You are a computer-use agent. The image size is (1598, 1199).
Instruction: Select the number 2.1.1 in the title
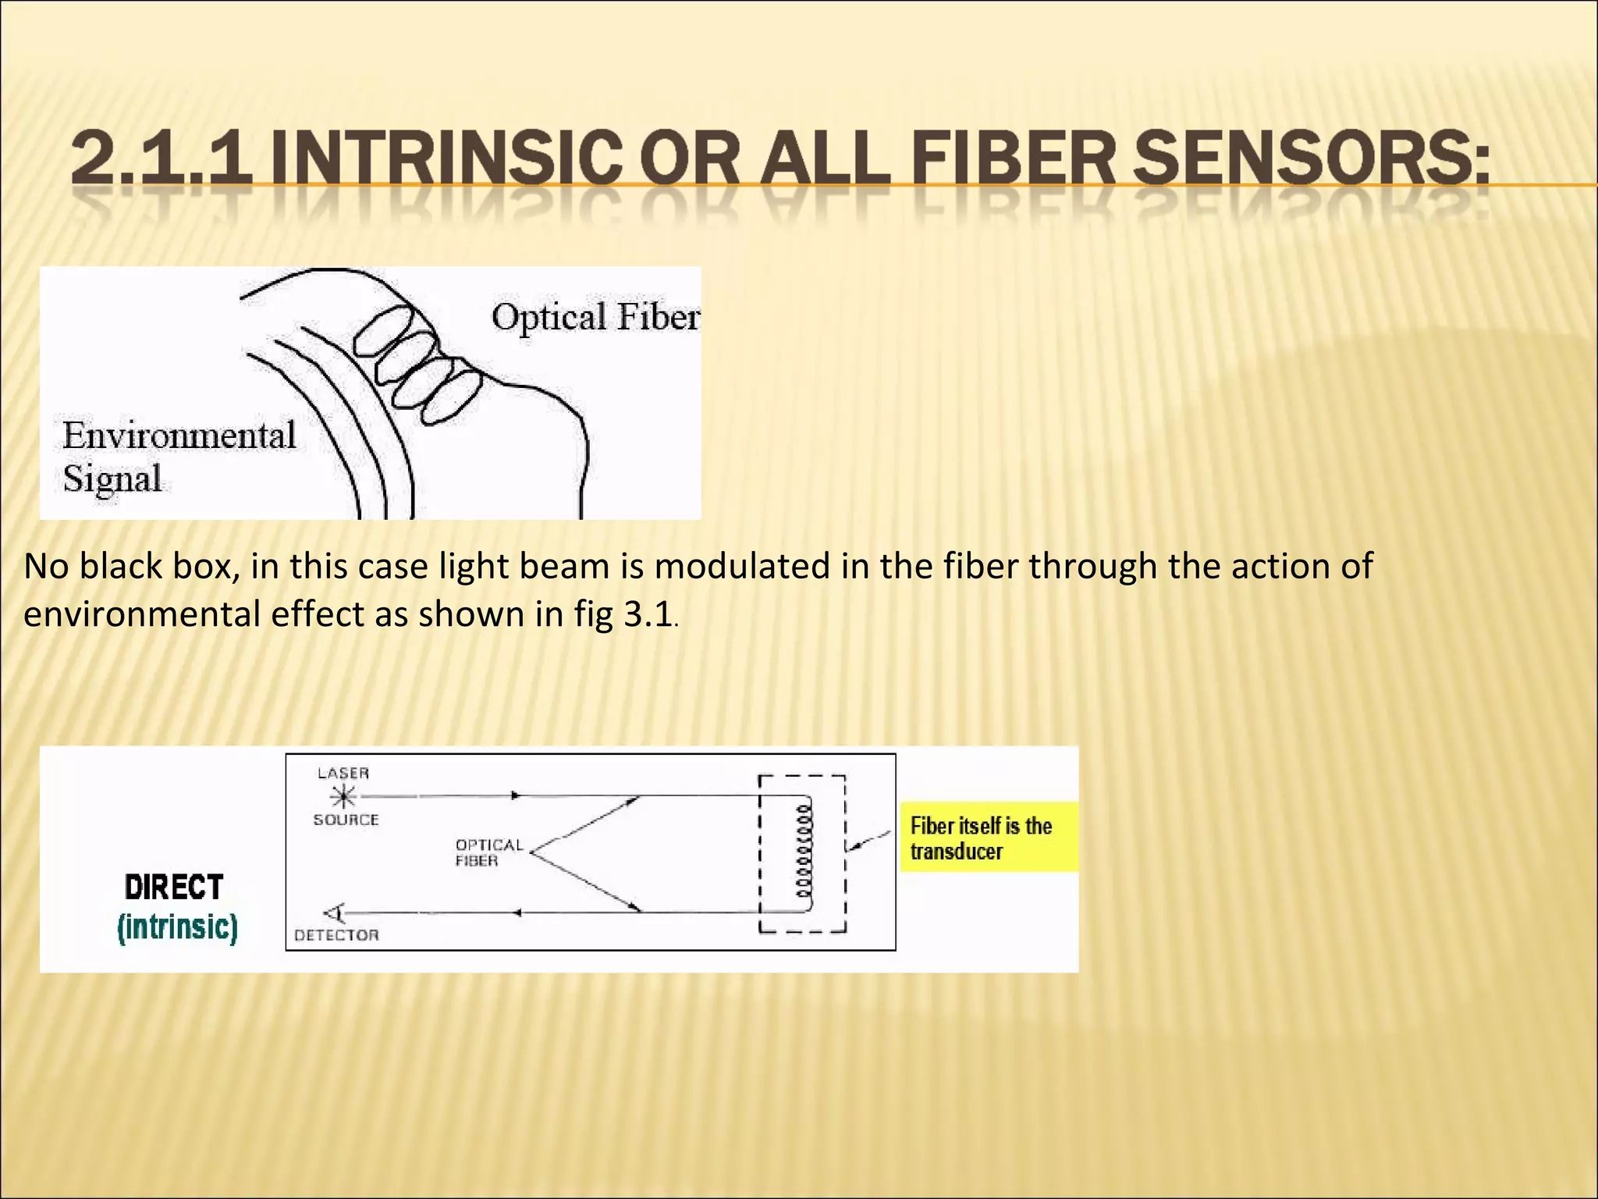click(x=162, y=159)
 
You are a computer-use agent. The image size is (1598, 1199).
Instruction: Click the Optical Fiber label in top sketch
click(x=595, y=317)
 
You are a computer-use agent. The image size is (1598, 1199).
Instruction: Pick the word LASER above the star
click(x=343, y=773)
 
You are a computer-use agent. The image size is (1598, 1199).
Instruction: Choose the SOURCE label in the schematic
click(x=346, y=820)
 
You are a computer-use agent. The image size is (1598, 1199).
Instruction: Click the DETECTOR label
click(x=336, y=934)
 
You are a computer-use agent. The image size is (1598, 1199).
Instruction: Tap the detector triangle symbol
click(x=334, y=913)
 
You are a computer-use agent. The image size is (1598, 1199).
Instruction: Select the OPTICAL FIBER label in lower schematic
click(x=488, y=852)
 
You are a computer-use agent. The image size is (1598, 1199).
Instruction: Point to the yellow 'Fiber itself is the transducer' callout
click(x=989, y=838)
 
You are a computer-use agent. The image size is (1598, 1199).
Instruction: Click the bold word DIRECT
click(x=174, y=888)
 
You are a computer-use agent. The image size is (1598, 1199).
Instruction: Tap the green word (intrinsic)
click(x=177, y=927)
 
